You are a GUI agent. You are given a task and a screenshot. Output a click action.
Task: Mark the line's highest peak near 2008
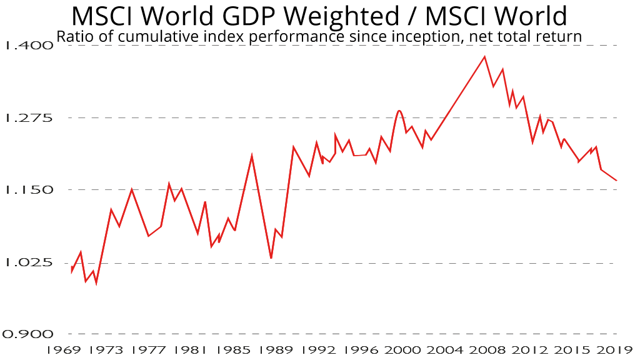click(484, 57)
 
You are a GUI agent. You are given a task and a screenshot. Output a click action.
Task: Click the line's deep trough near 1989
click(271, 258)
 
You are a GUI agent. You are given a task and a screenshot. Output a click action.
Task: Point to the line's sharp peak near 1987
click(252, 155)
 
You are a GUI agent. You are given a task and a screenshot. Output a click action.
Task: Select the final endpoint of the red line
click(617, 181)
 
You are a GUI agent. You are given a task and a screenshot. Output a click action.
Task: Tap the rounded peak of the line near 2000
click(399, 111)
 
